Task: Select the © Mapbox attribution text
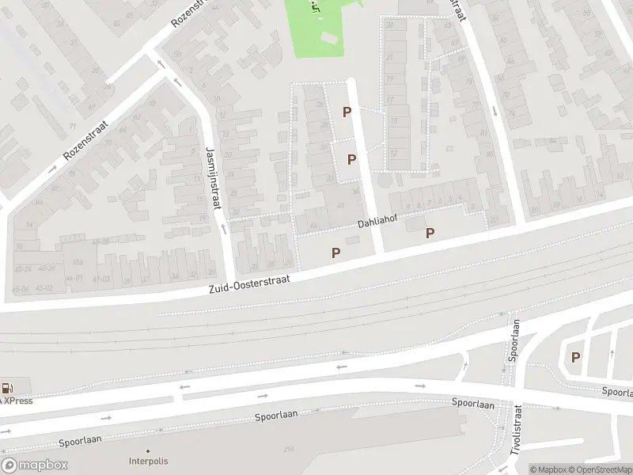pos(548,469)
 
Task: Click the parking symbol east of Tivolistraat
pos(575,357)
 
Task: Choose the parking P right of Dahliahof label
pos(430,233)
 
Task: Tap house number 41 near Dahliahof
pos(341,205)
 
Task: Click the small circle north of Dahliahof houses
pos(385,181)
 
